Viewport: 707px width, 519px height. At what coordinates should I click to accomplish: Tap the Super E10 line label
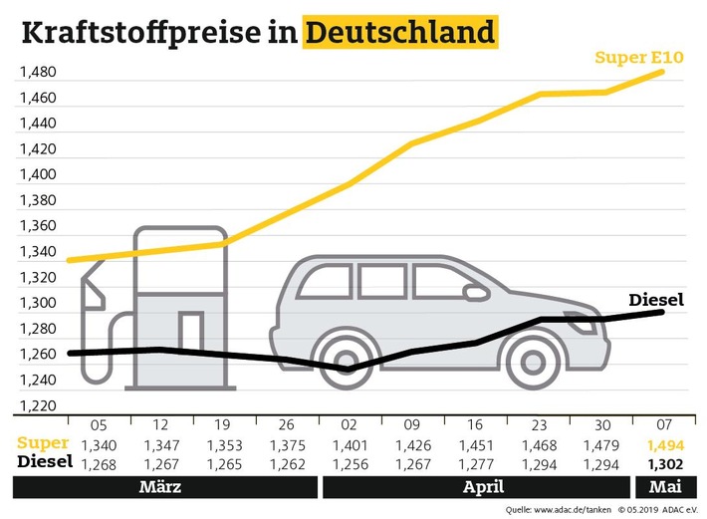tap(637, 59)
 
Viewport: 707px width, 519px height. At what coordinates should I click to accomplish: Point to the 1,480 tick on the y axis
tap(36, 73)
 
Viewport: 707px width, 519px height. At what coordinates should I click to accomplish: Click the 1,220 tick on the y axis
tap(36, 405)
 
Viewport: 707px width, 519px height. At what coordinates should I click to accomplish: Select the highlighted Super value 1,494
tap(663, 443)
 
